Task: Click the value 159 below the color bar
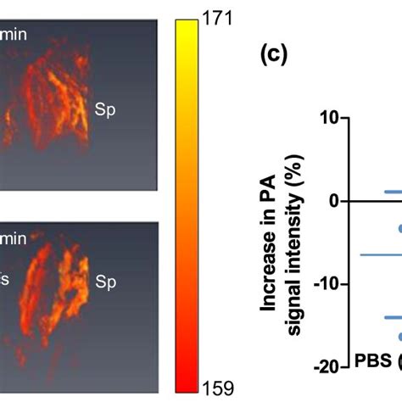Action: click(x=216, y=388)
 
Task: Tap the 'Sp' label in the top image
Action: click(x=104, y=112)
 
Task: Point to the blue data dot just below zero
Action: click(x=399, y=227)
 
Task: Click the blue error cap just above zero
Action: click(x=393, y=192)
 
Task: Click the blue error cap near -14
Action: click(x=393, y=318)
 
